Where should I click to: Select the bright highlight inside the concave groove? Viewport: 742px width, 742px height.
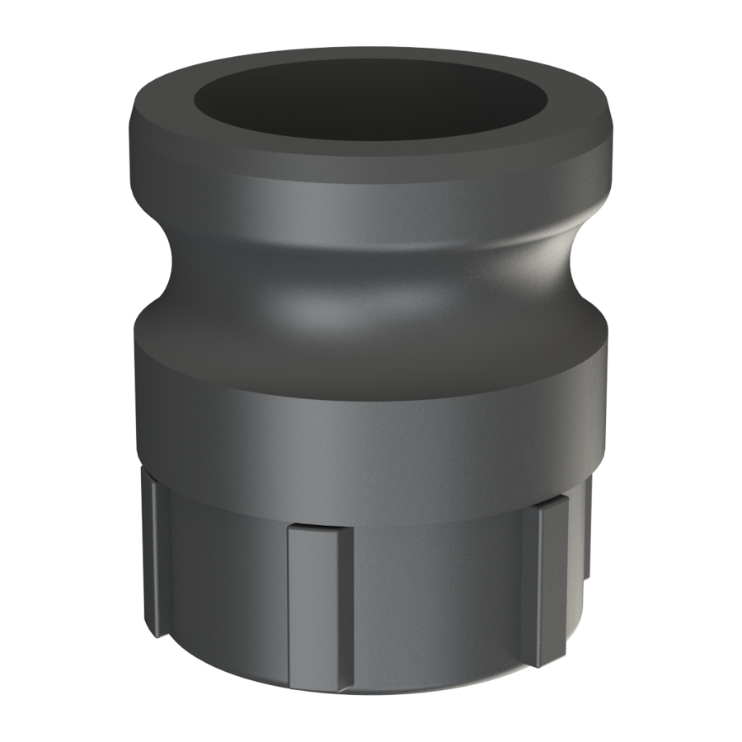click(330, 309)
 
